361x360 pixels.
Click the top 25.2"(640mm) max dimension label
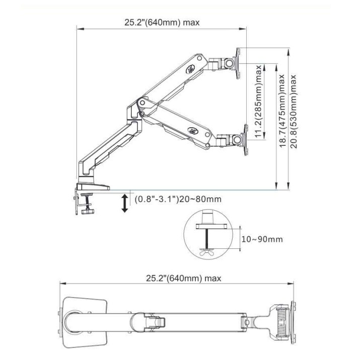(x=162, y=23)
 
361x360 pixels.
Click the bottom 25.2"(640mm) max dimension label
(x=183, y=279)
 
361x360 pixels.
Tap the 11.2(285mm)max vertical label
(x=259, y=102)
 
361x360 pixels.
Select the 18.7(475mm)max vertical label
(x=282, y=111)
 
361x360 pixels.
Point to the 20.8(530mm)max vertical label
(x=294, y=112)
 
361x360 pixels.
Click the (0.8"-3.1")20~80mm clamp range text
(x=178, y=199)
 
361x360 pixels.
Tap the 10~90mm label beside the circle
(x=262, y=239)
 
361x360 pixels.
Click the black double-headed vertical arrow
(x=124, y=203)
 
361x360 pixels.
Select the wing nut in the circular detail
(x=207, y=251)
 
